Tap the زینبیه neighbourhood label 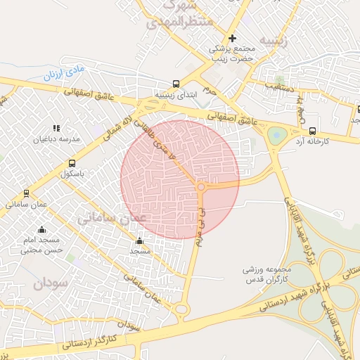[x=274, y=39]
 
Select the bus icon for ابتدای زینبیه [x=176, y=82]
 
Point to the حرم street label [x=210, y=89]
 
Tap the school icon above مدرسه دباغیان [x=56, y=128]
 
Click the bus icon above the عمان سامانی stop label [x=27, y=192]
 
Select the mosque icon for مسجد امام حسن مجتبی [x=41, y=229]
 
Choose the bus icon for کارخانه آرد [x=312, y=130]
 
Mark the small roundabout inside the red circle [x=201, y=187]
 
